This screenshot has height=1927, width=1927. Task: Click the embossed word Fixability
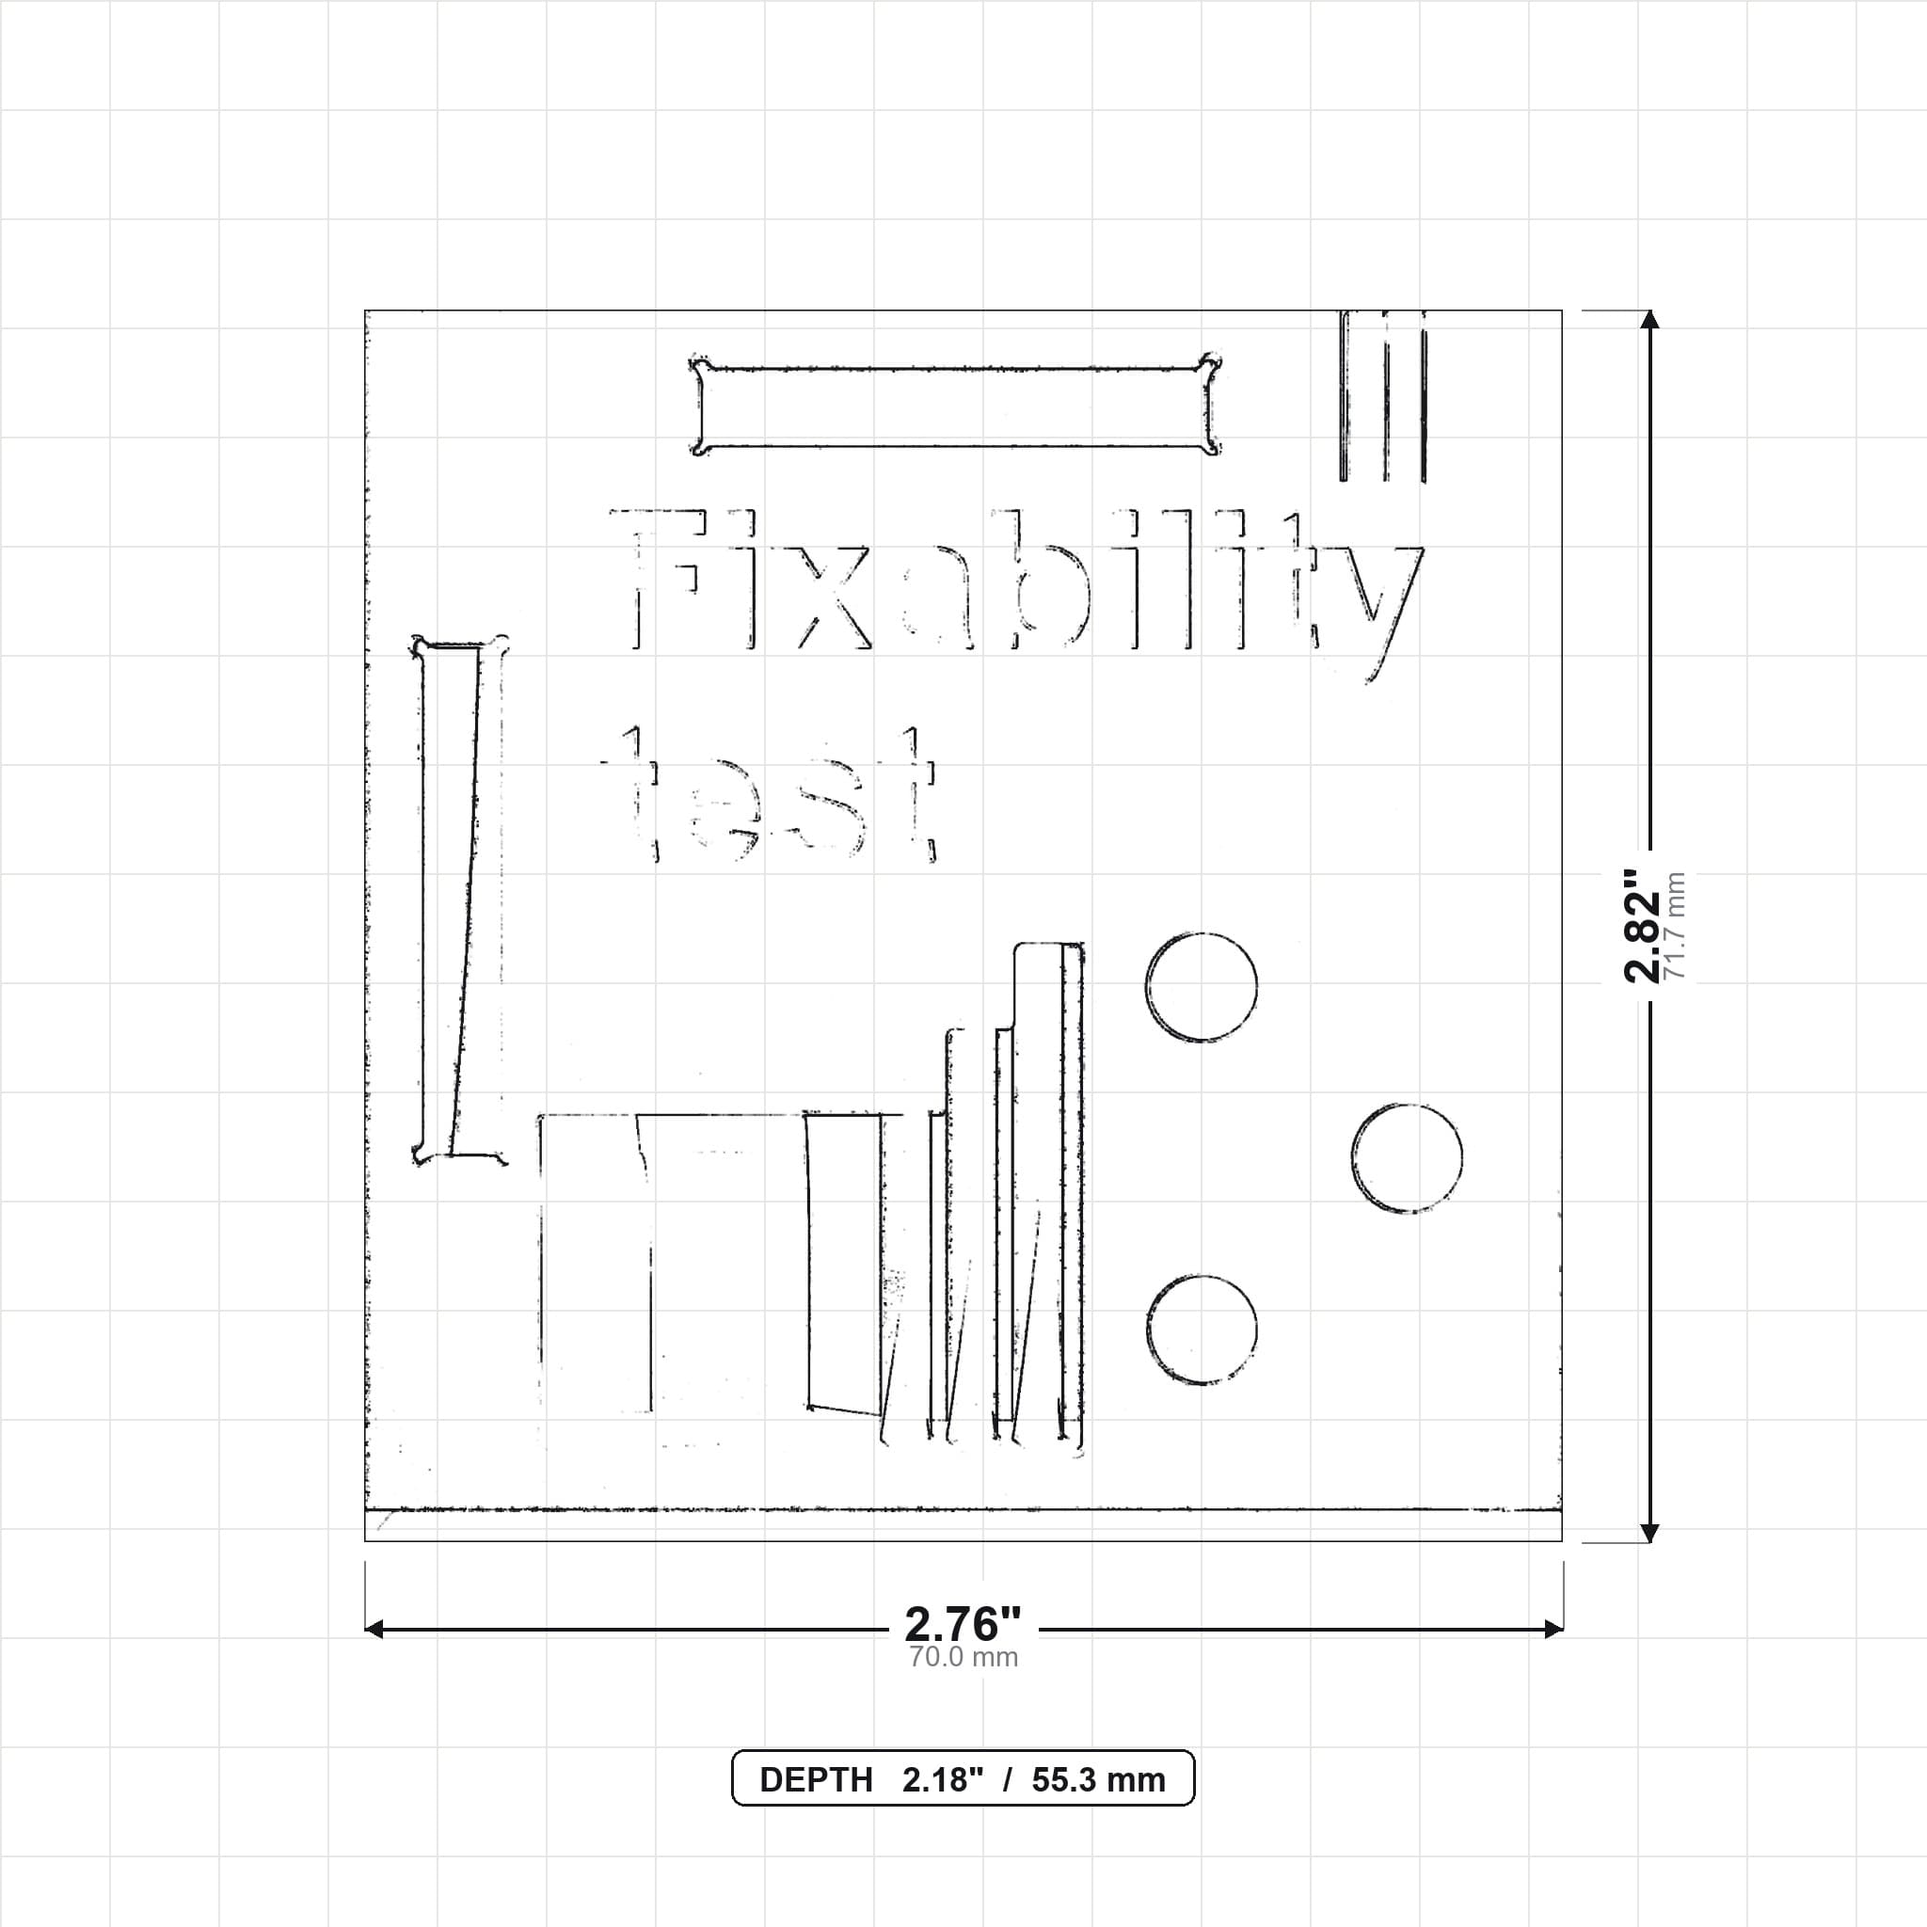[x=1015, y=595]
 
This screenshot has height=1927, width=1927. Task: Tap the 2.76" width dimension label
[x=963, y=1625]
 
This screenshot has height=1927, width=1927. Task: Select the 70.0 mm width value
[x=963, y=1657]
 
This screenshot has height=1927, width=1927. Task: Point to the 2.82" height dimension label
[x=1643, y=926]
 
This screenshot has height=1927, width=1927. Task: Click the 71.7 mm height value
[x=1675, y=926]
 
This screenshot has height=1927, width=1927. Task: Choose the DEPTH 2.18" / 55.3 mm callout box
[x=963, y=1777]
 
